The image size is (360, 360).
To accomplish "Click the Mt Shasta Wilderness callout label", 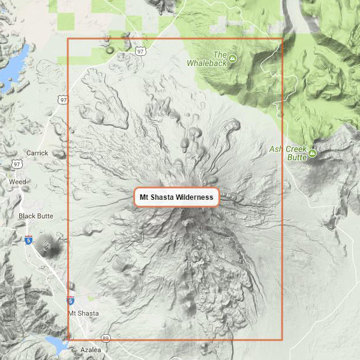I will tap(176, 197).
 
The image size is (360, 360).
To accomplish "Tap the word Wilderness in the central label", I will tap(195, 197).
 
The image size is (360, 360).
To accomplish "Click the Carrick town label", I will tap(37, 153).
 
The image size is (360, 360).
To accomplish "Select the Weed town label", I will tap(17, 181).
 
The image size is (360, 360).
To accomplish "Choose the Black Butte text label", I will tap(36, 216).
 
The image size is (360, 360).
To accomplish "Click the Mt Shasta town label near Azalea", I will tap(83, 313).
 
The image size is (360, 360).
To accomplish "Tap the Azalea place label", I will tap(91, 349).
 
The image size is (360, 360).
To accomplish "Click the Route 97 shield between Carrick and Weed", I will tap(17, 164).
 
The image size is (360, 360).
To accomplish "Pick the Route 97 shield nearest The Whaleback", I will tap(140, 52).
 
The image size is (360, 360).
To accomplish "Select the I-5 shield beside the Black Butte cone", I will tap(28, 240).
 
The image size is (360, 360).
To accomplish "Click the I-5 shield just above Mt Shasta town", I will tap(71, 301).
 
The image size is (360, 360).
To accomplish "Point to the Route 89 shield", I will tap(106, 338).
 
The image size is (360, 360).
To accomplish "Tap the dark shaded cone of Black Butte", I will tap(47, 244).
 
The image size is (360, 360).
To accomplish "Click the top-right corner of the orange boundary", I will tap(282, 39).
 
